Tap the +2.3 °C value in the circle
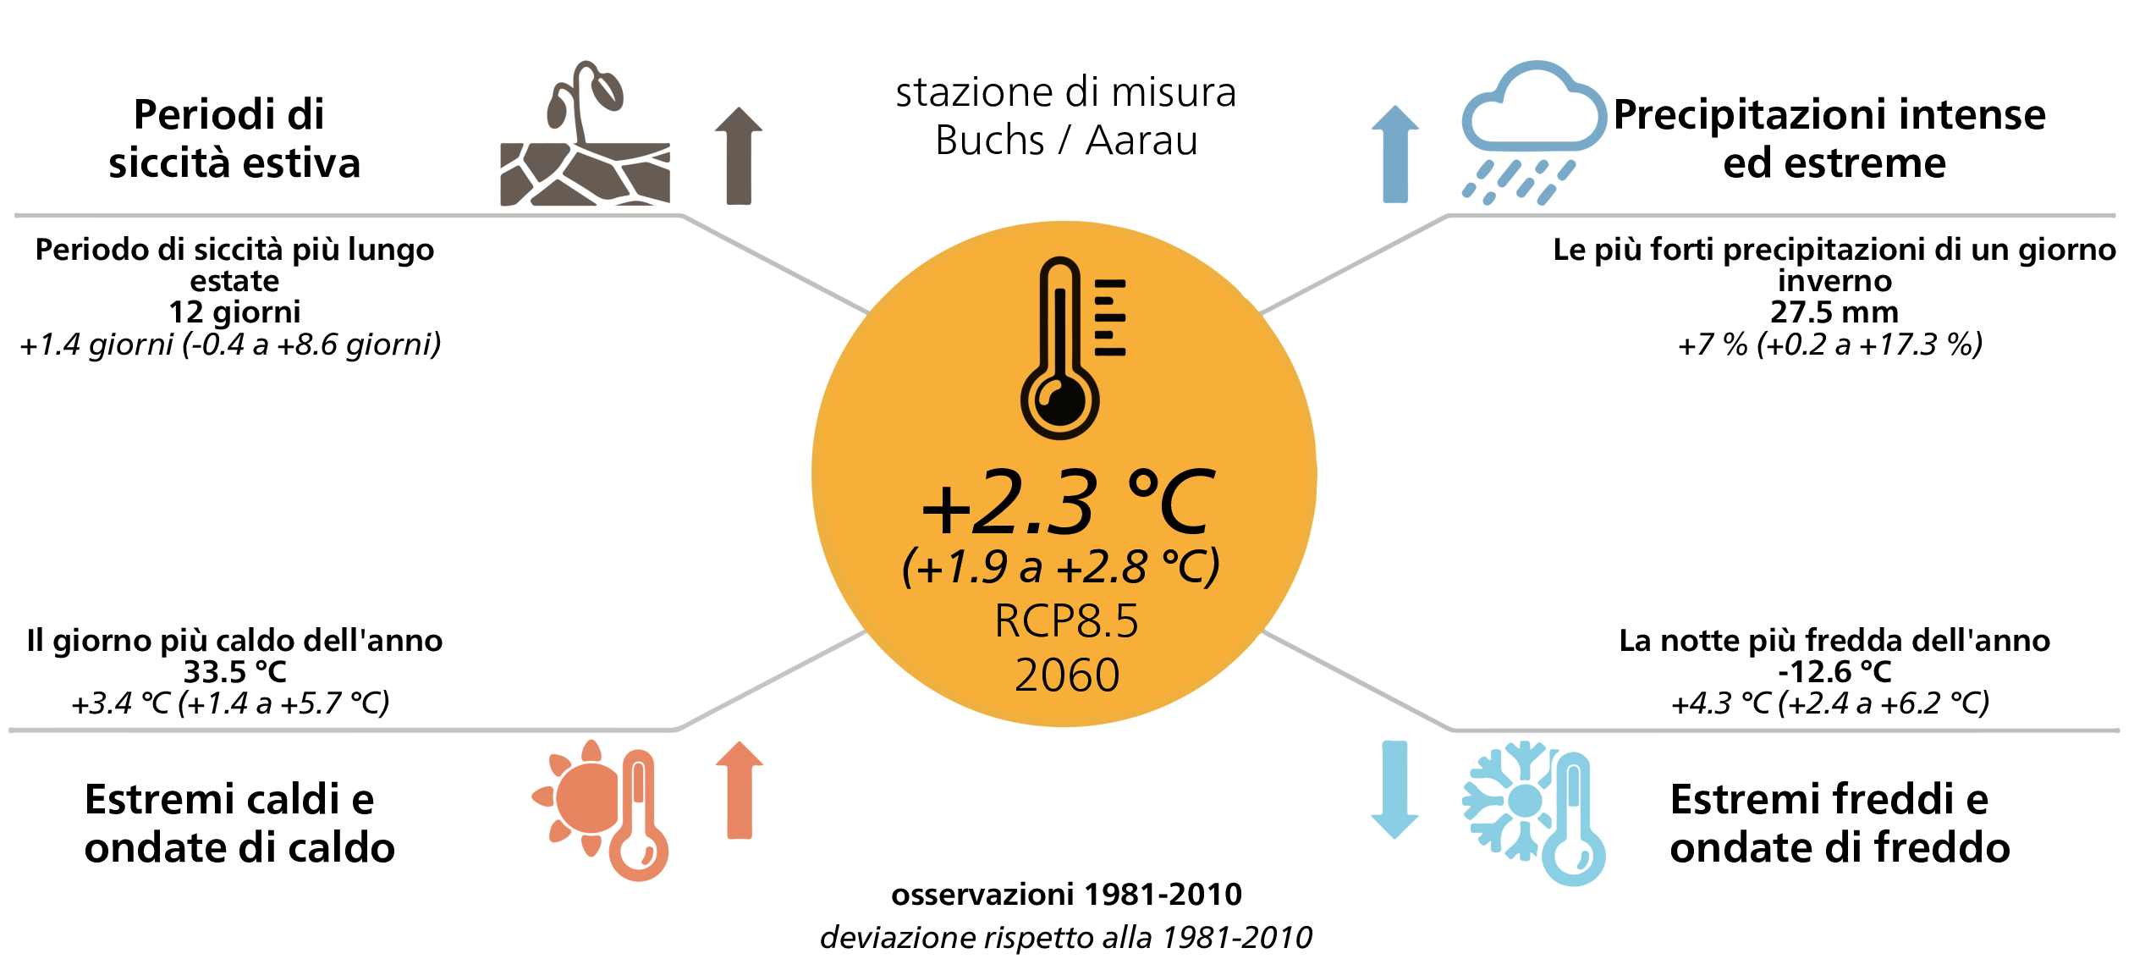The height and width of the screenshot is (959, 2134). pos(1068,504)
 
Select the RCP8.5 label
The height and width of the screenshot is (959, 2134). pos(1066,620)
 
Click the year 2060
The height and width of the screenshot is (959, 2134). pos(1067,675)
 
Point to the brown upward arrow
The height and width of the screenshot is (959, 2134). pos(739,156)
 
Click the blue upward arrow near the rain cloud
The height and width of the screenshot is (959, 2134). pos(1395,154)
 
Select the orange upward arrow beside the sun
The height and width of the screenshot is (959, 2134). pos(740,791)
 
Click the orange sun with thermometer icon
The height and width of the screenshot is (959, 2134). pos(601,810)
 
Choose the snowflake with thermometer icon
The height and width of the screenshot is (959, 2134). pos(1533,813)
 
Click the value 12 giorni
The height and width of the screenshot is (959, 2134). pos(234,312)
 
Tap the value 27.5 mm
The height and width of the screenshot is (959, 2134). pos(1834,312)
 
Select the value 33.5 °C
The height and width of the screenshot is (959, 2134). pos(235,672)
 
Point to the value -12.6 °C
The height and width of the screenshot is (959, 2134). pos(1834,672)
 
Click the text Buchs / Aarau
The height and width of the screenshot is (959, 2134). pos(1066,140)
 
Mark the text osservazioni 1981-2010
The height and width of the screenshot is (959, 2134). pos(1066,894)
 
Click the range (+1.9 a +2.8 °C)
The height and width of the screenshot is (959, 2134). pos(1061,566)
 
